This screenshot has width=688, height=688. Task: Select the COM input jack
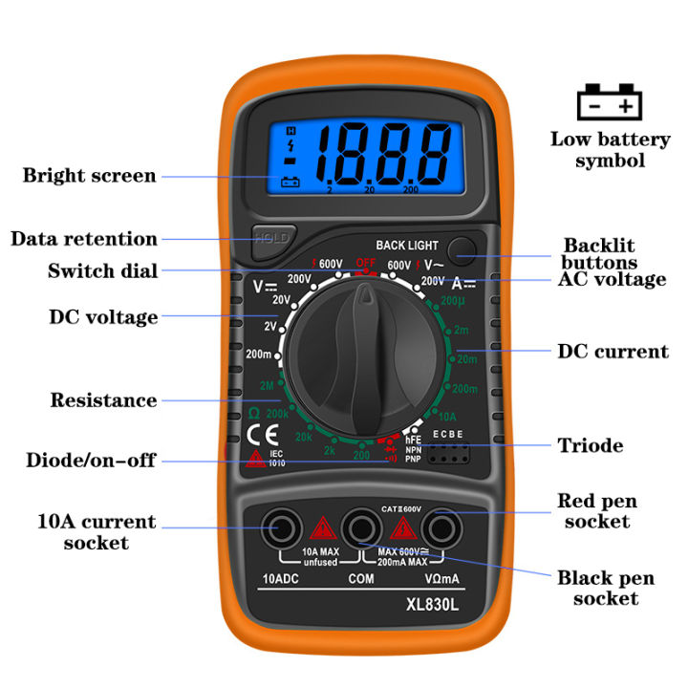pyautogui.click(x=360, y=527)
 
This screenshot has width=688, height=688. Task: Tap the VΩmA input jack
pyautogui.click(x=440, y=527)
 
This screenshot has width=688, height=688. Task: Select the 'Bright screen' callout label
pyautogui.click(x=89, y=176)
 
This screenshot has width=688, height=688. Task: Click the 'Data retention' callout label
pyautogui.click(x=84, y=239)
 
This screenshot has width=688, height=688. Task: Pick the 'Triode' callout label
pyautogui.click(x=591, y=445)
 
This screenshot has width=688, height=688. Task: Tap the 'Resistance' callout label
pyautogui.click(x=103, y=400)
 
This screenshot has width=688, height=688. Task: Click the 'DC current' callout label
pyautogui.click(x=613, y=352)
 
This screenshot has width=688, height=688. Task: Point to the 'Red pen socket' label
pyautogui.click(x=596, y=511)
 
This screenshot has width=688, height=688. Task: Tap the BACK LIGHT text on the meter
pyautogui.click(x=407, y=246)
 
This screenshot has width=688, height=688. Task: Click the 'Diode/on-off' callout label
pyautogui.click(x=91, y=461)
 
